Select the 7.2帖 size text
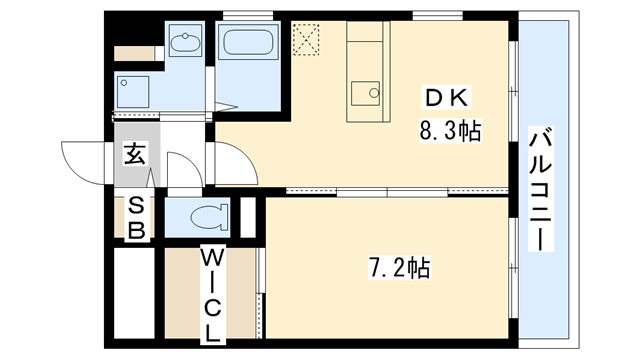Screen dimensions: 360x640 399,267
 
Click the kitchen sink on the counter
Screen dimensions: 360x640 366,96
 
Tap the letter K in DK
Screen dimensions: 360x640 462,98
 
